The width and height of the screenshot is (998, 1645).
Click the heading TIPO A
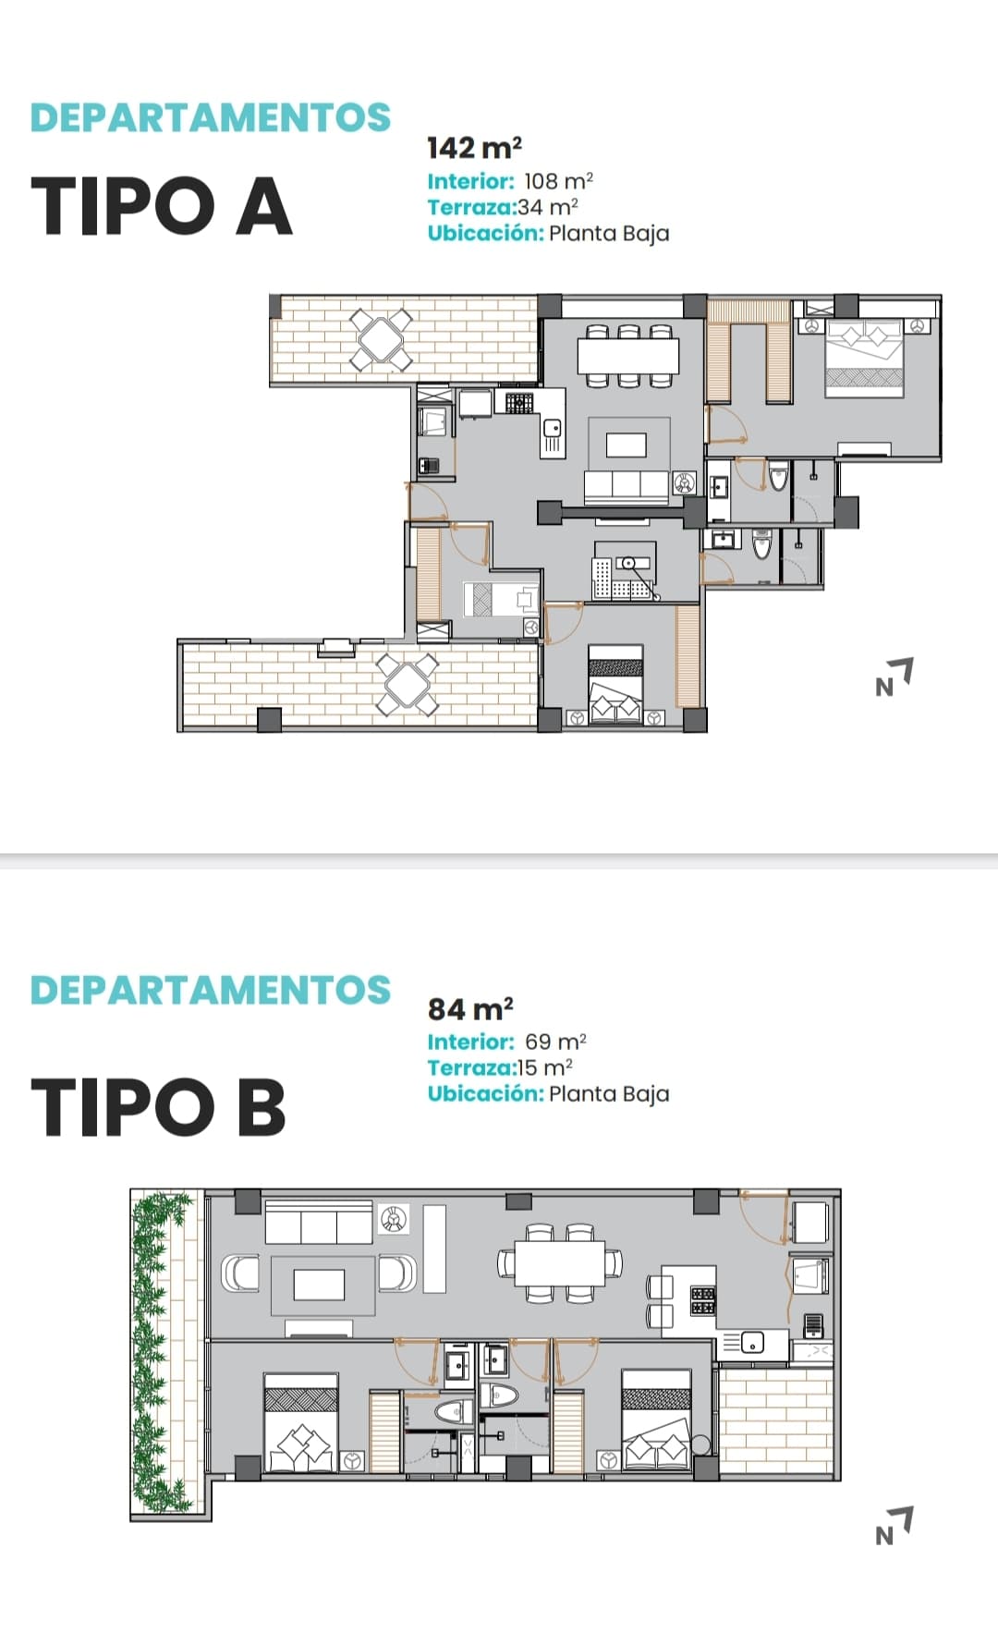click(x=162, y=205)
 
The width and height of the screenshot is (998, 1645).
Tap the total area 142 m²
click(x=474, y=148)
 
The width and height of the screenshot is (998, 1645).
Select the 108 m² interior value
click(x=558, y=181)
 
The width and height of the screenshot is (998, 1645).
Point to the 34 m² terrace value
click(x=548, y=207)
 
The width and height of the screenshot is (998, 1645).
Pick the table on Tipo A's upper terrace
click(x=381, y=339)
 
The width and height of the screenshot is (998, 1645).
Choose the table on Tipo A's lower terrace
click(x=407, y=685)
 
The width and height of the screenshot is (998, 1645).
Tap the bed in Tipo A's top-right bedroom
click(x=864, y=359)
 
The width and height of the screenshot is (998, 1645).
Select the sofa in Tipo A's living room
click(x=626, y=486)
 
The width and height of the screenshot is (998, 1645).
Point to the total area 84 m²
click(x=470, y=1008)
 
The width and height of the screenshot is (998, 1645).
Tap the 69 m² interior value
click(x=555, y=1042)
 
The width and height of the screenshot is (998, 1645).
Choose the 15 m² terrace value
click(x=545, y=1067)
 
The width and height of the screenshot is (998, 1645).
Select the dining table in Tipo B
click(x=560, y=1262)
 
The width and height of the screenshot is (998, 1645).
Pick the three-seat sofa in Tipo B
click(x=319, y=1222)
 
